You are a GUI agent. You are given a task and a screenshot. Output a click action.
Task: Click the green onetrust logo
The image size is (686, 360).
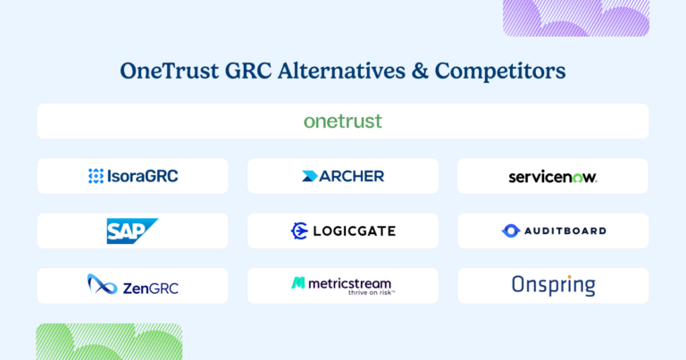[x=343, y=121]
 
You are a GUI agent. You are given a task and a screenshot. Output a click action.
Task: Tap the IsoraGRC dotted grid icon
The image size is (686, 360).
[x=96, y=176]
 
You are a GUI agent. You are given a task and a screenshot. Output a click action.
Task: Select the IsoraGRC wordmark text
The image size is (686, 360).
[x=143, y=176]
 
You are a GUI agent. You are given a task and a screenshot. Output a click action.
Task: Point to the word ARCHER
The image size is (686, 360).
[x=352, y=176]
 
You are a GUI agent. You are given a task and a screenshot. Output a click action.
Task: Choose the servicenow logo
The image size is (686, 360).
[x=552, y=177]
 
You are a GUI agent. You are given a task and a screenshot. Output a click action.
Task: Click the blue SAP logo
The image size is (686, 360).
[x=131, y=230]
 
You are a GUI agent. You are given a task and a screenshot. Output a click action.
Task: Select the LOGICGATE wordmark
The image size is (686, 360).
[x=354, y=231]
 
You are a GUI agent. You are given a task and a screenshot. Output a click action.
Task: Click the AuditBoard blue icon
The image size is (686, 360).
[x=510, y=230]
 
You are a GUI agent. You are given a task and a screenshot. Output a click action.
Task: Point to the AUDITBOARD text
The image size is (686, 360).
[x=564, y=230]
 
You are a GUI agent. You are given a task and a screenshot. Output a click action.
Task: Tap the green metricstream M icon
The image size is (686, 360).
[x=298, y=283]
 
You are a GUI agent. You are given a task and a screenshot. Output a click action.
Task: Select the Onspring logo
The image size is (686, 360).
[x=553, y=285]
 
